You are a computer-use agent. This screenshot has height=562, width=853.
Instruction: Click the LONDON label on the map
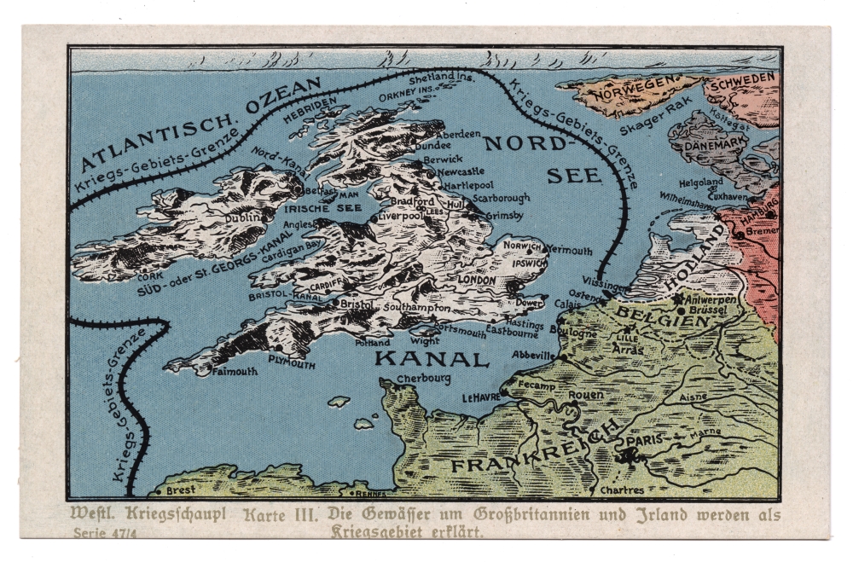[477, 280]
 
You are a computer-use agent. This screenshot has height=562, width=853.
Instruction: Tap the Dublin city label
[242, 218]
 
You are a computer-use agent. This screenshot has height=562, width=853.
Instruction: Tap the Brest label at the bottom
[181, 491]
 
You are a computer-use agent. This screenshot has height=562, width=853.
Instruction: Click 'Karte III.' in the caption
[281, 515]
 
